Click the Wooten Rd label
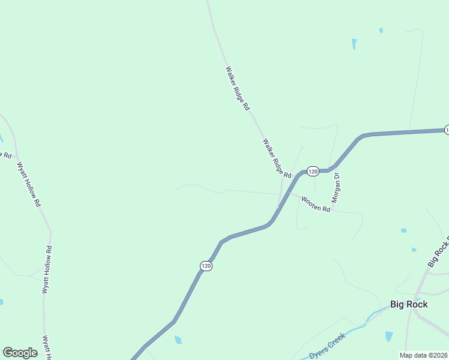(x=316, y=205)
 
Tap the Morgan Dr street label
(x=337, y=188)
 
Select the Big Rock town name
(x=409, y=304)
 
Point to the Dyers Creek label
(x=328, y=346)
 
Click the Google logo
(x=20, y=353)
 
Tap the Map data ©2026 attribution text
(x=424, y=355)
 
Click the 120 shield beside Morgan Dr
(x=312, y=172)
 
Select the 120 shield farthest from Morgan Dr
(x=206, y=265)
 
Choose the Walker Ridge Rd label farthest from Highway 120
(x=237, y=88)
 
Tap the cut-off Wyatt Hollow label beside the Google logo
(x=46, y=347)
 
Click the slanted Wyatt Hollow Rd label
(x=29, y=184)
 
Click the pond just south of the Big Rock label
(x=389, y=337)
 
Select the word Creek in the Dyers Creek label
(x=336, y=341)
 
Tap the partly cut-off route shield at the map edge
(x=447, y=130)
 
